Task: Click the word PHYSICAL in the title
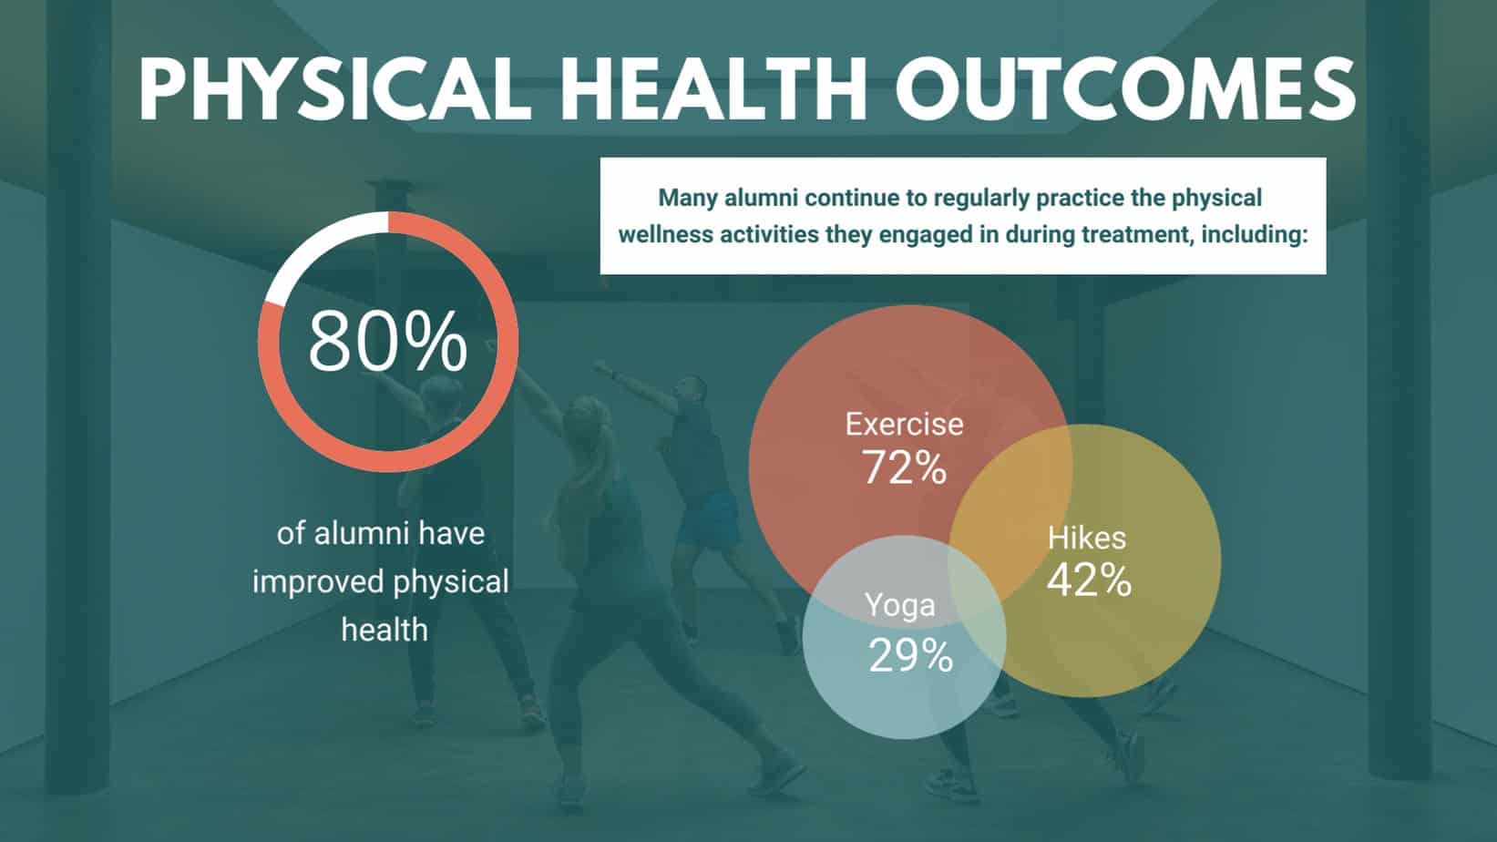334,89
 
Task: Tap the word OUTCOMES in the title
1126,89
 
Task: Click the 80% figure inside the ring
387,341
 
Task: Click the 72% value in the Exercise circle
904,467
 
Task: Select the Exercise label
904,424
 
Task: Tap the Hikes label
1087,538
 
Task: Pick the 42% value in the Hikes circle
1089,580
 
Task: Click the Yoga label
899,605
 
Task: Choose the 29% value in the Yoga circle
911,655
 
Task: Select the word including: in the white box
1255,234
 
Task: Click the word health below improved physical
385,630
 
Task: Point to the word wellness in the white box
664,234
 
